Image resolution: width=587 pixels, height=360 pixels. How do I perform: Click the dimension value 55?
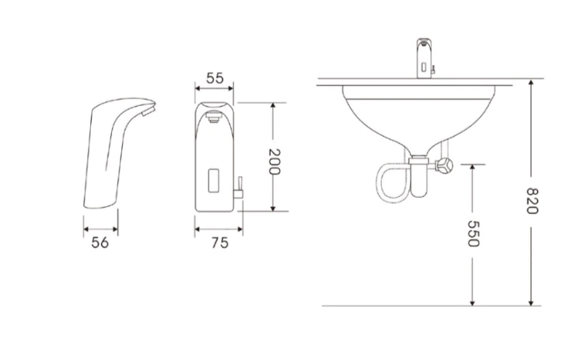pyautogui.click(x=215, y=79)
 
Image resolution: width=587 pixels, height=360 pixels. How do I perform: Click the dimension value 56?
pyautogui.click(x=100, y=242)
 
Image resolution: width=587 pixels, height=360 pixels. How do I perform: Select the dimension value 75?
pyautogui.click(x=220, y=243)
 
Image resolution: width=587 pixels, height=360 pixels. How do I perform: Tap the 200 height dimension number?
pyautogui.click(x=274, y=161)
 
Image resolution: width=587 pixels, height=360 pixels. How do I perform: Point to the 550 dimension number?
pyautogui.click(x=474, y=233)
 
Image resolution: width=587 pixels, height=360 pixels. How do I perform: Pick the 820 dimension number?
pyautogui.click(x=532, y=201)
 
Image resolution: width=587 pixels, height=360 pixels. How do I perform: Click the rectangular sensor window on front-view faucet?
pyautogui.click(x=213, y=180)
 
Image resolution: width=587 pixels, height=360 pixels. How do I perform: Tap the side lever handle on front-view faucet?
pyautogui.click(x=239, y=187)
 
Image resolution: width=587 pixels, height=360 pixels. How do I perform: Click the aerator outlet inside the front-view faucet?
pyautogui.click(x=214, y=117)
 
